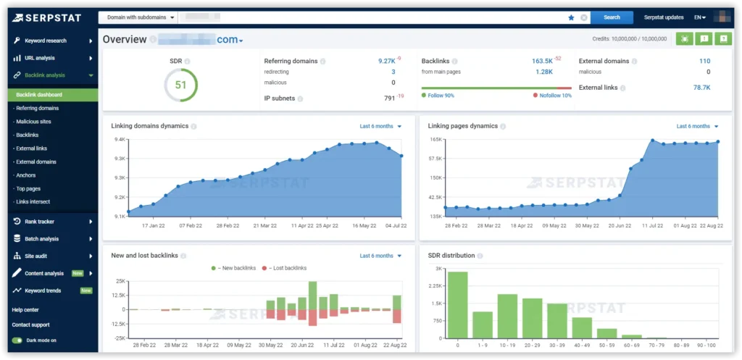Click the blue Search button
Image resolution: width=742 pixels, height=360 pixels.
(x=612, y=17)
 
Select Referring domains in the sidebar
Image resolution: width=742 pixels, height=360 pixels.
(x=37, y=108)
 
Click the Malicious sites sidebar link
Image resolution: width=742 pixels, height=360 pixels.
(x=33, y=122)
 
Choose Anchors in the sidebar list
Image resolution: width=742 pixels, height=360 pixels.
(x=26, y=175)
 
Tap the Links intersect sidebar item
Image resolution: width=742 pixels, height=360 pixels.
(x=33, y=201)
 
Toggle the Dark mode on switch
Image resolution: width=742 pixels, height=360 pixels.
(x=17, y=340)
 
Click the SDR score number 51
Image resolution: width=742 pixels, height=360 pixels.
(x=180, y=85)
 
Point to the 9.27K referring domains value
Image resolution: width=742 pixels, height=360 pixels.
(x=387, y=62)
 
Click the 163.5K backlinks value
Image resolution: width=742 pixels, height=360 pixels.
(x=542, y=62)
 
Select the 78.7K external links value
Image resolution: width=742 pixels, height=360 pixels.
(x=701, y=88)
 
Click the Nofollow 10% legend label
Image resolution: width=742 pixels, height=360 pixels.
(x=555, y=96)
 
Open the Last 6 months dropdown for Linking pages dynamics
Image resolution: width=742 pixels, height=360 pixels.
(x=698, y=126)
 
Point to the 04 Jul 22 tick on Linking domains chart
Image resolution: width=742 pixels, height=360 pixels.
(x=395, y=225)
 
